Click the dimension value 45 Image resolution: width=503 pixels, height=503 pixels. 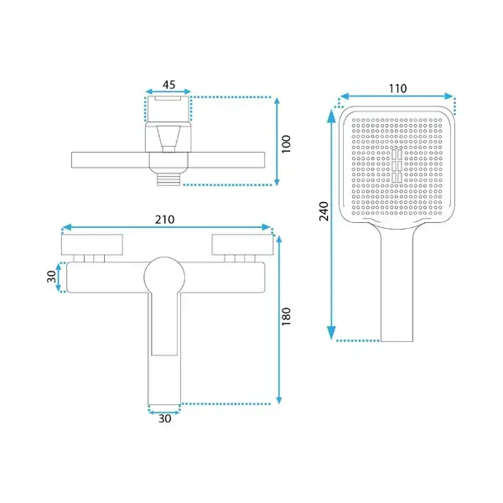pos(169,85)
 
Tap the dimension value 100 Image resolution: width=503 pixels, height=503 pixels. pos(286,144)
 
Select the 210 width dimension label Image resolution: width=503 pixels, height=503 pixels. pos(165,220)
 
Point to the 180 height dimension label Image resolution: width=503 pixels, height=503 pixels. pos(286,316)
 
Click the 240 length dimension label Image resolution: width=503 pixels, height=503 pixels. pos(324,211)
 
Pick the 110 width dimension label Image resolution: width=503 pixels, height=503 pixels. pos(397,88)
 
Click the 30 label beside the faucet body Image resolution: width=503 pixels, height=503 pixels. pos(52,277)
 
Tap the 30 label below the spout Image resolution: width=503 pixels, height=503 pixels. pos(165,418)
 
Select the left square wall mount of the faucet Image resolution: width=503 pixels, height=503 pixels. pos(92,245)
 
